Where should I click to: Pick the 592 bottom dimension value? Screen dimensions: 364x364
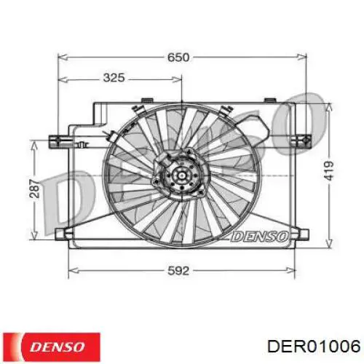click(178, 270)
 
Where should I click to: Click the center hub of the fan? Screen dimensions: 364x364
click(180, 178)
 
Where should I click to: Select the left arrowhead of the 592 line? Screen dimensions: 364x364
click(71, 271)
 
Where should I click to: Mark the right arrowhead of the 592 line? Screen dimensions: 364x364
click(294, 271)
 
